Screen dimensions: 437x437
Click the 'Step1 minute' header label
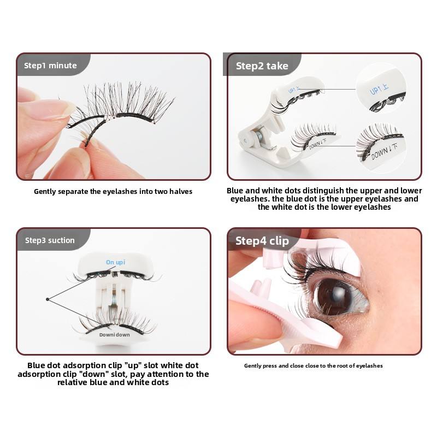[x=50, y=66]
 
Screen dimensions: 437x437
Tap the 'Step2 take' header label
[x=262, y=66]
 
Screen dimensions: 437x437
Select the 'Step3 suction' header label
[x=50, y=240]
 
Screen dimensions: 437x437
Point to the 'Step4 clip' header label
[x=262, y=241]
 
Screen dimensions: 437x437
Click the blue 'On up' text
[x=115, y=262]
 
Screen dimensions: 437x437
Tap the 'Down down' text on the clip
[x=115, y=335]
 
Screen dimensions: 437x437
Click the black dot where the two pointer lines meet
[x=48, y=299]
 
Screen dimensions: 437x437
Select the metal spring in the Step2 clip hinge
[x=259, y=134]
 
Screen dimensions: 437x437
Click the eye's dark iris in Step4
[x=334, y=297]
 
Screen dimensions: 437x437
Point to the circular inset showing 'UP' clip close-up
[x=381, y=88]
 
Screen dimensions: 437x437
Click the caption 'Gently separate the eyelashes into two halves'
[x=113, y=192]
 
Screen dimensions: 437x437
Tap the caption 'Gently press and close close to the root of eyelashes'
[x=314, y=365]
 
